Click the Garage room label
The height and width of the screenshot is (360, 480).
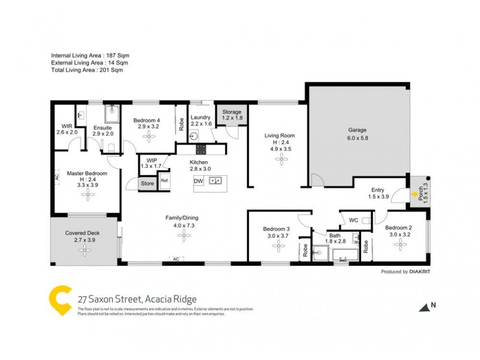(x=358, y=130)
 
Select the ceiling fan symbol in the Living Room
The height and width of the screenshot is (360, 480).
(x=280, y=158)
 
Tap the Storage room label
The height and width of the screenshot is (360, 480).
(x=231, y=112)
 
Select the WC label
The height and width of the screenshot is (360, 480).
(x=353, y=221)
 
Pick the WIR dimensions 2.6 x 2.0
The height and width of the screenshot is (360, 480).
(x=67, y=132)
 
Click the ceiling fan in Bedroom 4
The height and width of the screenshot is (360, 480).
(x=147, y=137)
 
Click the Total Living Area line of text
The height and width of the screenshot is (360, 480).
(x=86, y=70)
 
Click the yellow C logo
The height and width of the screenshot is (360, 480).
(x=60, y=299)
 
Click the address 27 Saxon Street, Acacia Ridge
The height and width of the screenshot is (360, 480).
(x=137, y=299)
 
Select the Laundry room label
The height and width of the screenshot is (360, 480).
(x=200, y=117)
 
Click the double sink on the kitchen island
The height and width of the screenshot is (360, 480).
(x=216, y=180)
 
